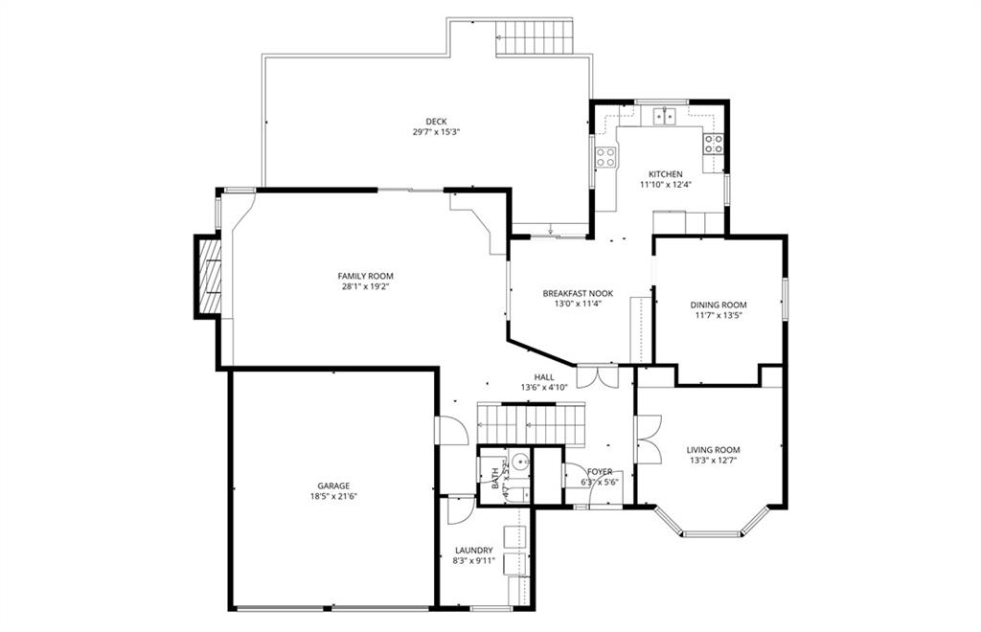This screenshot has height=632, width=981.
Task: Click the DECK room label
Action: [436, 122]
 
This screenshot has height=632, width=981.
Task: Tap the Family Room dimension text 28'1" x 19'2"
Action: [365, 287]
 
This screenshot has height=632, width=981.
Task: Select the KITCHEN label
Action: [665, 173]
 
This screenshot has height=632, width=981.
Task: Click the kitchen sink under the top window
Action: [665, 116]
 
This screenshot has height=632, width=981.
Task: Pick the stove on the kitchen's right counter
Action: [714, 145]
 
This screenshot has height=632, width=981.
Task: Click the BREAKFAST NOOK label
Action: [578, 293]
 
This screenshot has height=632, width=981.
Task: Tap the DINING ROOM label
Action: [719, 305]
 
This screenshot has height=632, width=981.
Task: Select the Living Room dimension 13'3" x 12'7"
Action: [713, 461]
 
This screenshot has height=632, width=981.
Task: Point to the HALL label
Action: [544, 377]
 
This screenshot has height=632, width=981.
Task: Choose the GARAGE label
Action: [332, 485]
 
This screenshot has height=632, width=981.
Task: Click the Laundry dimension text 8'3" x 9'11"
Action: [473, 561]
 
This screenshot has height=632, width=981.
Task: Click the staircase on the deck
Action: [535, 38]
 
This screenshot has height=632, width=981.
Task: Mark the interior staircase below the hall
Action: [531, 424]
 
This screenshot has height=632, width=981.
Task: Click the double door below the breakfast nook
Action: [598, 375]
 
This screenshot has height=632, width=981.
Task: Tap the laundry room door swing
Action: [461, 509]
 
